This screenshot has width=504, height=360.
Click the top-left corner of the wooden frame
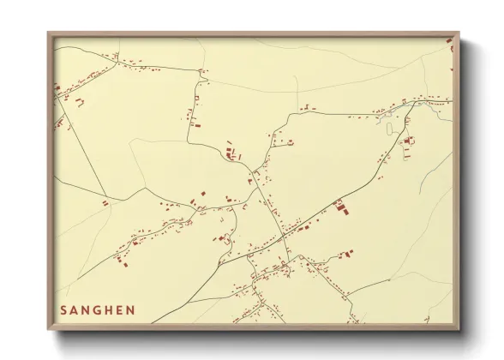click(x=48, y=33)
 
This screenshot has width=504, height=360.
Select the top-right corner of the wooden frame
click(x=460, y=33)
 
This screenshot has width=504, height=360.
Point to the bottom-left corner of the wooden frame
click(x=48, y=330)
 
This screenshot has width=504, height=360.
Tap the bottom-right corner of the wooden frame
click(x=460, y=330)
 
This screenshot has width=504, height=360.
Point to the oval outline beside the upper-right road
click(x=390, y=129)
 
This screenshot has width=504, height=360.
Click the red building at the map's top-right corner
click(x=450, y=43)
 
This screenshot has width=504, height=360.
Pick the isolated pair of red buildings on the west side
click(x=105, y=203)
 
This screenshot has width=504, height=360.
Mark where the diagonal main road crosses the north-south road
click(x=282, y=235)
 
